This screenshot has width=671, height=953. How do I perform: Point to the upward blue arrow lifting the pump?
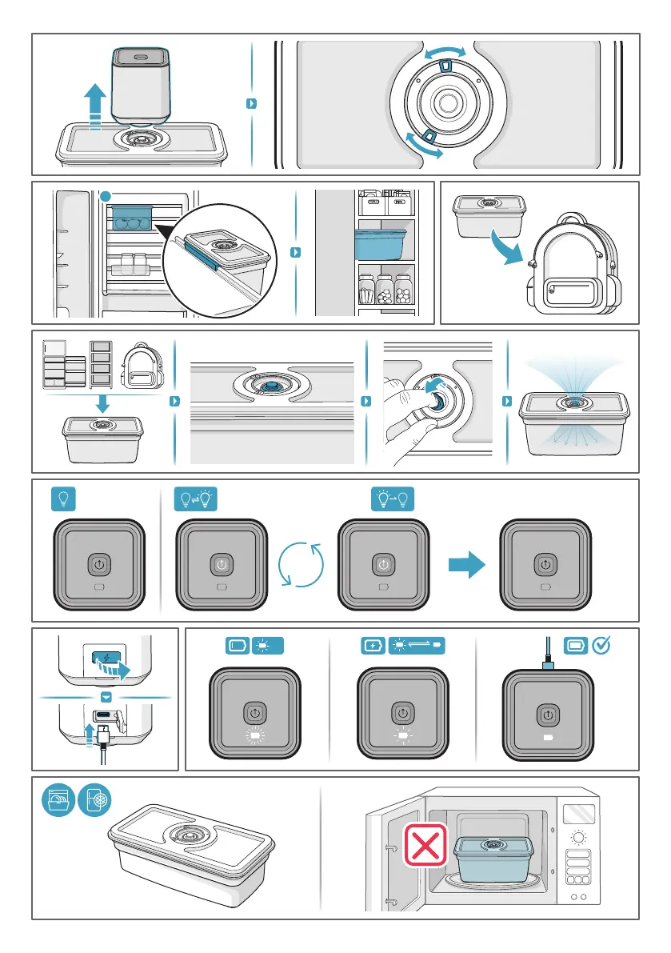[x=94, y=104]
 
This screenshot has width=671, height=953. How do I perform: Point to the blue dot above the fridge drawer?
[x=106, y=196]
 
